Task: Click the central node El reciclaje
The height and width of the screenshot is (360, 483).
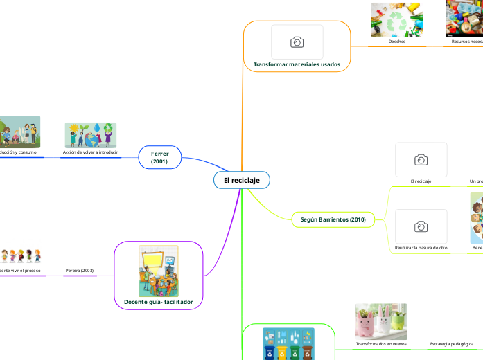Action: tap(241, 180)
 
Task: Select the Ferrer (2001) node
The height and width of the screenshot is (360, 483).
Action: tap(159, 156)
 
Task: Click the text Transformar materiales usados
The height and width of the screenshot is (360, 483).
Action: tap(297, 64)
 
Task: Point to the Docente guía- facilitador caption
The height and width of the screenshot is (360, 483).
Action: tap(159, 302)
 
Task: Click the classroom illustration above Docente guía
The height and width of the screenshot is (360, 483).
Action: tap(159, 271)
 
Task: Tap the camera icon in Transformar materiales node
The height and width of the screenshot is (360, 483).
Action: tap(297, 42)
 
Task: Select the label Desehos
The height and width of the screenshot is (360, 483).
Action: tap(396, 42)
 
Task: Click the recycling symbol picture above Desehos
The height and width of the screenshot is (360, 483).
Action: tap(396, 19)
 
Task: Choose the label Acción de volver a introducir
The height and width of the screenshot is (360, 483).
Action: tap(90, 152)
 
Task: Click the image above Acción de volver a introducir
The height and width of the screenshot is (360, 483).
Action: tap(91, 135)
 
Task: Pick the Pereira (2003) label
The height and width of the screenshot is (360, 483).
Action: tap(80, 270)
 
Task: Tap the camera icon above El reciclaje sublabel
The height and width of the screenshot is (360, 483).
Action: tap(421, 160)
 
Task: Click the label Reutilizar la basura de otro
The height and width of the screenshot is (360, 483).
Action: tap(421, 247)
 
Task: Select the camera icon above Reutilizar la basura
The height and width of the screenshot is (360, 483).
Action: tap(421, 226)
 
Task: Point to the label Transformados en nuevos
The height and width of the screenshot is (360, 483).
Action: tap(381, 343)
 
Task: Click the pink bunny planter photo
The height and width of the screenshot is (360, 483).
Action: tap(381, 321)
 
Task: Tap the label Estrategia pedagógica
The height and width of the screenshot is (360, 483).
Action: tap(452, 343)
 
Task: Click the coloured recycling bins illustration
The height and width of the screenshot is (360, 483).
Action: tap(288, 344)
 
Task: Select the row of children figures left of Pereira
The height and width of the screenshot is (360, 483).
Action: tap(20, 255)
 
